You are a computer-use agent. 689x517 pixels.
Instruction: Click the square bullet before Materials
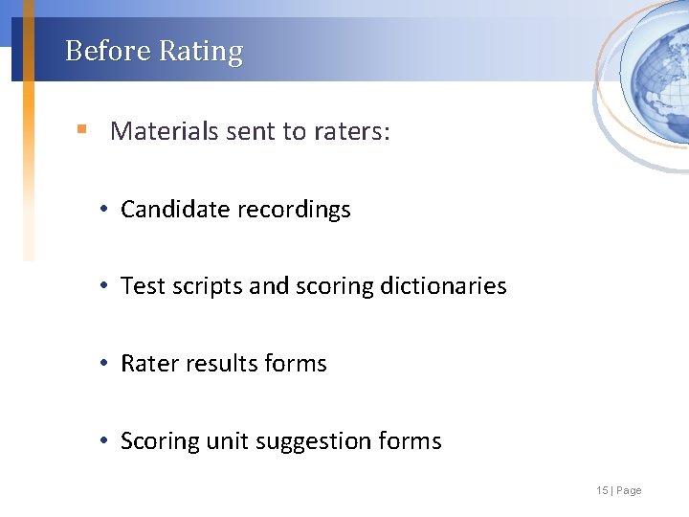pyautogui.click(x=82, y=129)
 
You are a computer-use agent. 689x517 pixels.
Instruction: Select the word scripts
pyautogui.click(x=208, y=286)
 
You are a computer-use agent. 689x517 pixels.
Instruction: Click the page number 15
pyautogui.click(x=601, y=490)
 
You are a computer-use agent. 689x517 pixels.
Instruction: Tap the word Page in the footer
pyautogui.click(x=630, y=490)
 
